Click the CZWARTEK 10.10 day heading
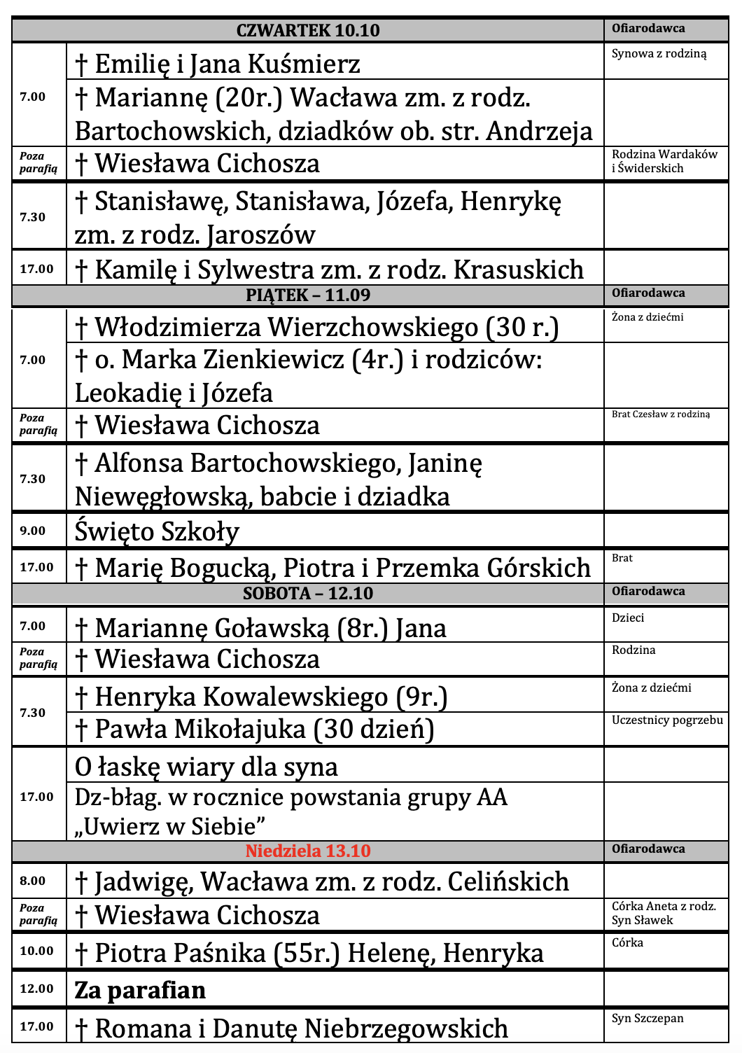(x=308, y=30)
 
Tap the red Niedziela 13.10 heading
(x=308, y=851)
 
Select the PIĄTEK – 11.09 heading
(x=308, y=295)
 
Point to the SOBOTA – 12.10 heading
(x=308, y=593)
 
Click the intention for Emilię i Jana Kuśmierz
(x=218, y=64)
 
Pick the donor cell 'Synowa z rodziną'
(x=659, y=54)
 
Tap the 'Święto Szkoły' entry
(x=157, y=531)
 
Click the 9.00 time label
(x=32, y=531)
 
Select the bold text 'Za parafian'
(x=140, y=990)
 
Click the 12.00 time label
(x=36, y=989)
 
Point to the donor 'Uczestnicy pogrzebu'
(x=667, y=720)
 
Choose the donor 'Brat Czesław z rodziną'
(x=660, y=414)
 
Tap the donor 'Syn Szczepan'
(x=647, y=1018)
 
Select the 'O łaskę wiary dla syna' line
(x=206, y=767)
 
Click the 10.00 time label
(x=36, y=951)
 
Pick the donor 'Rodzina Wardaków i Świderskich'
(x=664, y=161)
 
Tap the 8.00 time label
(x=32, y=881)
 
